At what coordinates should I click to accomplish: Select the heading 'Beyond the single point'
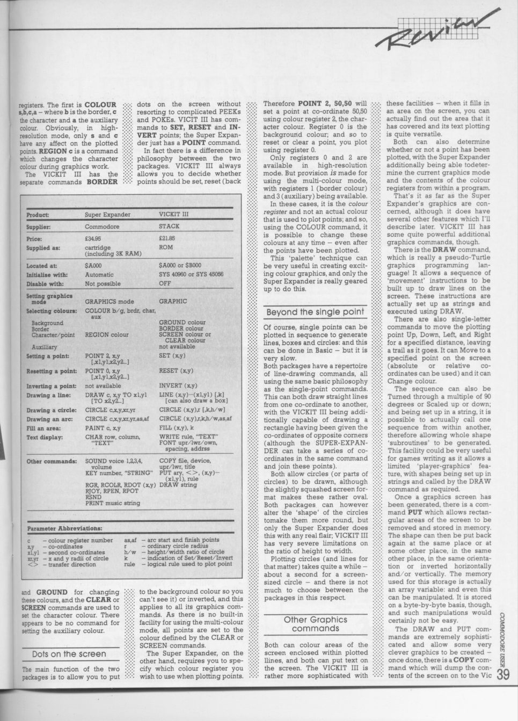(315, 312)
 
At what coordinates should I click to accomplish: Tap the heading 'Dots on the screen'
(69, 654)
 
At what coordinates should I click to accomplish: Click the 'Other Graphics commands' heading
(315, 624)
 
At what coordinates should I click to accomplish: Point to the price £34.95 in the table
(93, 238)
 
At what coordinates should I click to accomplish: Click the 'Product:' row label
(38, 215)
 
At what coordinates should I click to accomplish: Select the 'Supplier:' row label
(39, 227)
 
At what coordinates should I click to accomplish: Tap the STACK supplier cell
(169, 227)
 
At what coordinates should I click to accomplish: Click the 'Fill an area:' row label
(43, 428)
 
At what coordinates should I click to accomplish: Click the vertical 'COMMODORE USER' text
(503, 639)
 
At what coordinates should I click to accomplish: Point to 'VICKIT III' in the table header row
(174, 214)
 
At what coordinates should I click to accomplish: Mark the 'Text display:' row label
(45, 437)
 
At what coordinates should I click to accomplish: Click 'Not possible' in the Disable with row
(103, 283)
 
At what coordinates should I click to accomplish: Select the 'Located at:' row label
(41, 266)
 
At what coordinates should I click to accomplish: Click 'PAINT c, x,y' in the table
(103, 428)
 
